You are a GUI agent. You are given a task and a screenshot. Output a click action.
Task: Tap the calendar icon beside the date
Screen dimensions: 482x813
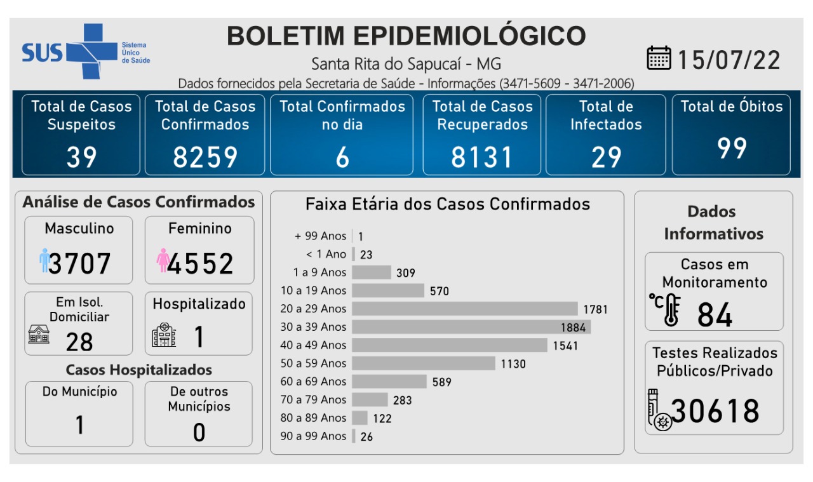point(659,58)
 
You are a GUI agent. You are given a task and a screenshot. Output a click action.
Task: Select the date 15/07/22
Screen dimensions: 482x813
point(729,60)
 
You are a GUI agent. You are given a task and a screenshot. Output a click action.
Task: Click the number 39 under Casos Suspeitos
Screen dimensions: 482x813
point(81,157)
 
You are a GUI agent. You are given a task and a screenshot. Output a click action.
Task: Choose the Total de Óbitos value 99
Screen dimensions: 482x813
point(732,148)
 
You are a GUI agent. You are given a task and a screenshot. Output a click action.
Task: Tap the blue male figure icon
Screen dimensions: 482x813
point(44,260)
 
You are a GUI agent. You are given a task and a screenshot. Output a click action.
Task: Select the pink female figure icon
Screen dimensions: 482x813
point(163,260)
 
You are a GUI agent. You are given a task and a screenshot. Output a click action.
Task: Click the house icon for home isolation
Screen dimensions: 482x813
point(39,334)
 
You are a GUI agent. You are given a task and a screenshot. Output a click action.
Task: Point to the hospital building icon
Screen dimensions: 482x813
point(164,334)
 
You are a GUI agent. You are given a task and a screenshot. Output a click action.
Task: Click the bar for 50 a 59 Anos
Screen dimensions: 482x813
point(423,363)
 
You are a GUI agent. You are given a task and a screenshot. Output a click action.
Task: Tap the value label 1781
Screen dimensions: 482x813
point(596,309)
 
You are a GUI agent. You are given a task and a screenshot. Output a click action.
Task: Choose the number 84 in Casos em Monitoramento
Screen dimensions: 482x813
point(715,314)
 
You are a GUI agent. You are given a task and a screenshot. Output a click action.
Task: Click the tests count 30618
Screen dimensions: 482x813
point(715,411)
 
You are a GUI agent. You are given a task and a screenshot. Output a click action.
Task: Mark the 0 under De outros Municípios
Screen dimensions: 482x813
point(199,432)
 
